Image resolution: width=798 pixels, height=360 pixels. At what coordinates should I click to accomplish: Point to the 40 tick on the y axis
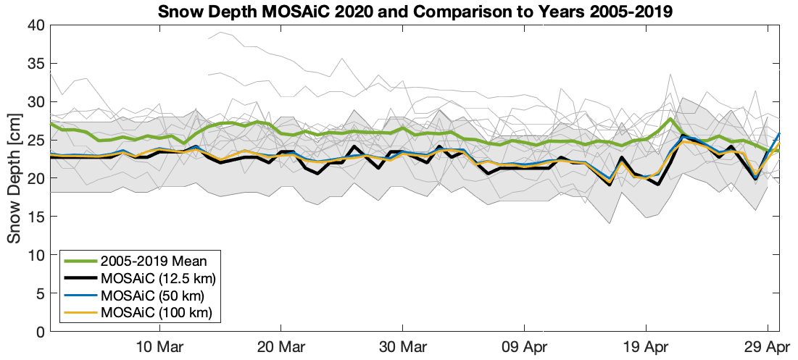(36, 25)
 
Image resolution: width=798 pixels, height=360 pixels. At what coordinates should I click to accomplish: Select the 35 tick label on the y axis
(36, 64)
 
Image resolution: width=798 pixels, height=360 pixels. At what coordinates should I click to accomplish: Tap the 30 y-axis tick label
(36, 102)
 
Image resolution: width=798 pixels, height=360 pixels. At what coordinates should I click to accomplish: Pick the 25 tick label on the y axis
(36, 141)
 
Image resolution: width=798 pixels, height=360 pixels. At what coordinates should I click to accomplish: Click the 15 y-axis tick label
(36, 217)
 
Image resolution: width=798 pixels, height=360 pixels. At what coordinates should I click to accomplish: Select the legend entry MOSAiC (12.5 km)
(159, 278)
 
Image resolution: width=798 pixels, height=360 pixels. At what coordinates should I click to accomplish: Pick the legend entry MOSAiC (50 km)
(152, 296)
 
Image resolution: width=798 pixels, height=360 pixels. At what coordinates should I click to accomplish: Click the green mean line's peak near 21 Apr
(671, 120)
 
